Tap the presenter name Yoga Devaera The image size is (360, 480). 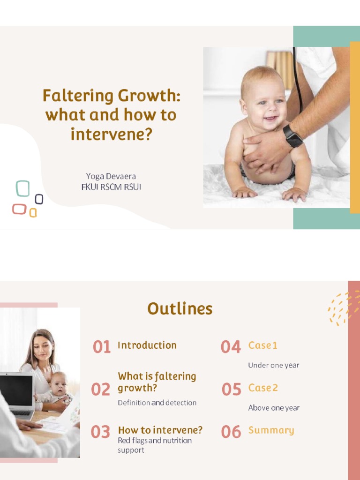click(111, 176)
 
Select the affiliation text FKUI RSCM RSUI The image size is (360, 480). click(111, 187)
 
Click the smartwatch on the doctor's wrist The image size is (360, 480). click(292, 136)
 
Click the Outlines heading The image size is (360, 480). click(180, 309)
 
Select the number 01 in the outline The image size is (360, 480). click(102, 347)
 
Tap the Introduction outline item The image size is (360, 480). click(147, 345)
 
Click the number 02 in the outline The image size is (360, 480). click(101, 390)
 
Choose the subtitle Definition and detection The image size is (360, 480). click(157, 403)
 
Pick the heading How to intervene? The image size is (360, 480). click(160, 430)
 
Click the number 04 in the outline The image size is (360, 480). click(231, 347)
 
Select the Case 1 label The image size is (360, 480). click(262, 345)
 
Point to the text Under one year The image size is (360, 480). click(273, 365)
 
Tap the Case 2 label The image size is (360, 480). click(263, 388)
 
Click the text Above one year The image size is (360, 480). click(274, 408)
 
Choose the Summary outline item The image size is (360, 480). click(271, 430)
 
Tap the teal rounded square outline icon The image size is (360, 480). click(22, 188)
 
